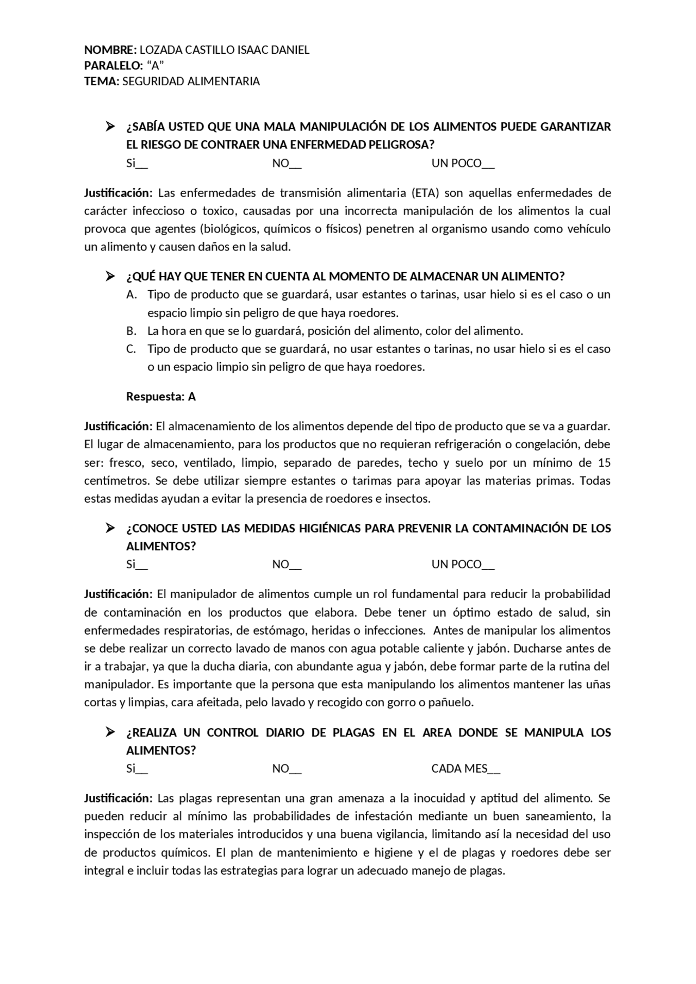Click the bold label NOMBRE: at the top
pos(110,50)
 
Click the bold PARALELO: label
pos(113,66)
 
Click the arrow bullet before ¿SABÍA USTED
pos(110,127)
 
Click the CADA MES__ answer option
pos(465,768)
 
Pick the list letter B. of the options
pos(131,331)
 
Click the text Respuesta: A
pos(161,397)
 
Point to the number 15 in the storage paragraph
pos(604,463)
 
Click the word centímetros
pos(116,481)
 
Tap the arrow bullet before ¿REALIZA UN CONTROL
pos(110,732)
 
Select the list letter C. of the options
pos(131,349)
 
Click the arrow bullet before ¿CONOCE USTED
pos(110,528)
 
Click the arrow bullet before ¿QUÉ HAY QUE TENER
pos(110,277)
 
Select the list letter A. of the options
pos(131,294)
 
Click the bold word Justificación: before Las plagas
pos(119,798)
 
